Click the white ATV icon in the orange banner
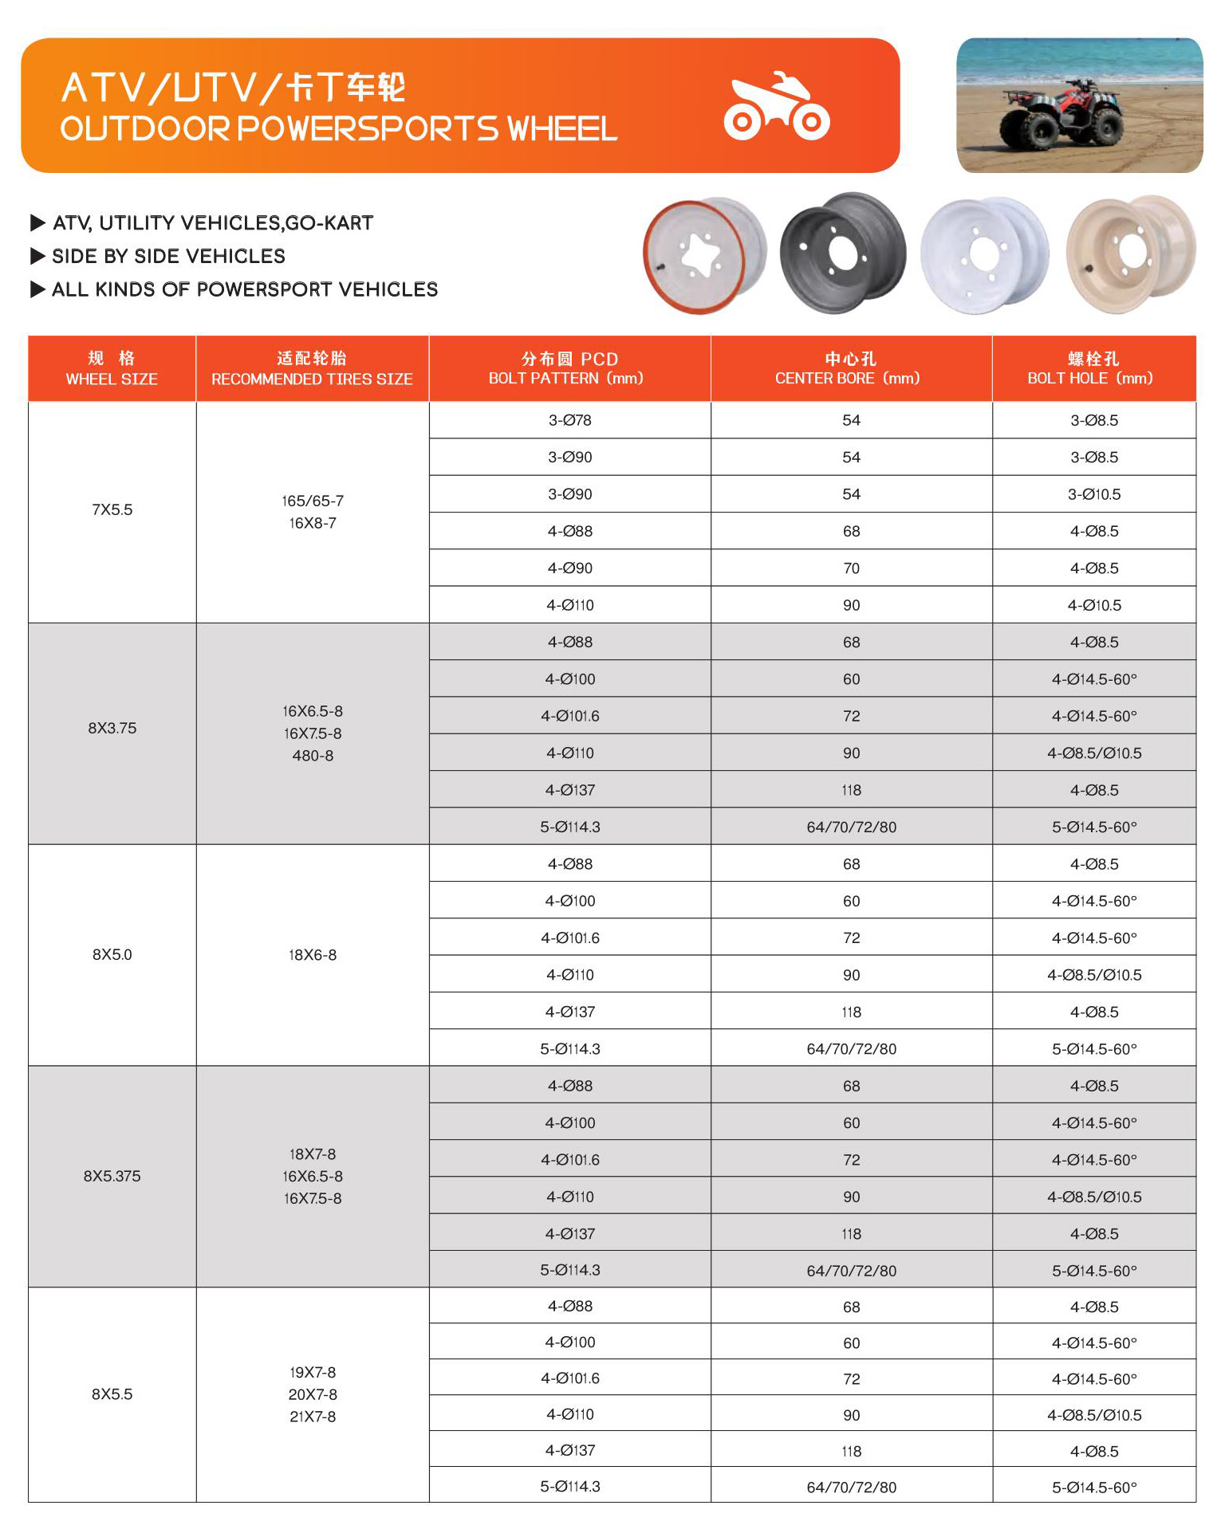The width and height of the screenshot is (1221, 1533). click(x=776, y=107)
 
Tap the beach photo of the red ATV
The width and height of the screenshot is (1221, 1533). click(x=1079, y=105)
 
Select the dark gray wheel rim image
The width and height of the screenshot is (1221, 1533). click(x=843, y=253)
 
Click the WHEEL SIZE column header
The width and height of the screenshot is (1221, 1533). click(x=112, y=368)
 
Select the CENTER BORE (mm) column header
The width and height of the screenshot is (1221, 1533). click(x=850, y=368)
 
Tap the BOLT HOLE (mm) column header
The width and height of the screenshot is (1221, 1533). click(x=1093, y=368)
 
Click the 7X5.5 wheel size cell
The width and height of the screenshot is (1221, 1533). click(x=112, y=510)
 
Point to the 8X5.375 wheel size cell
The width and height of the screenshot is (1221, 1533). click(x=112, y=1176)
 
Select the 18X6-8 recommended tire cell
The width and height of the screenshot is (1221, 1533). click(x=313, y=955)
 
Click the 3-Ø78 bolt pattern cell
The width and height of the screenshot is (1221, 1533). click(x=569, y=420)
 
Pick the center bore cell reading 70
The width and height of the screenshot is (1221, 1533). click(x=851, y=568)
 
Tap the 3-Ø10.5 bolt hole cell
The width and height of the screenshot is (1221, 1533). click(x=1093, y=494)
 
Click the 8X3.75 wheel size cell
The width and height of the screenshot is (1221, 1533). click(x=112, y=728)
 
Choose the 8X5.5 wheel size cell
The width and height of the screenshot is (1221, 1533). click(x=112, y=1394)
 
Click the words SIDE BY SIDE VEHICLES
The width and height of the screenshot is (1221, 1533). click(x=168, y=256)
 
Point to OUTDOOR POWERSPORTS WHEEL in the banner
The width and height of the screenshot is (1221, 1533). click(x=339, y=129)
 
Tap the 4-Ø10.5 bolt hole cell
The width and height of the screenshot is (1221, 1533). click(x=1093, y=605)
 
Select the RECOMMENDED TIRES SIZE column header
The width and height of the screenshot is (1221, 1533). click(x=312, y=368)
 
